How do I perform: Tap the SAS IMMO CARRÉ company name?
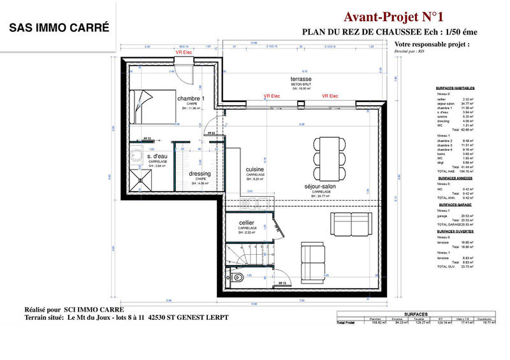[59, 28]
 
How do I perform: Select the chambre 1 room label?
[191, 99]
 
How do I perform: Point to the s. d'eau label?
[157, 156]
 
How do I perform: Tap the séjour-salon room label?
[321, 187]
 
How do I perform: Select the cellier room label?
[247, 222]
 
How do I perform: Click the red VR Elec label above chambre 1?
[184, 52]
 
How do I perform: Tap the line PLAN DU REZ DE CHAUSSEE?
[388, 32]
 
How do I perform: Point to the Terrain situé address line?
[126, 317]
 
